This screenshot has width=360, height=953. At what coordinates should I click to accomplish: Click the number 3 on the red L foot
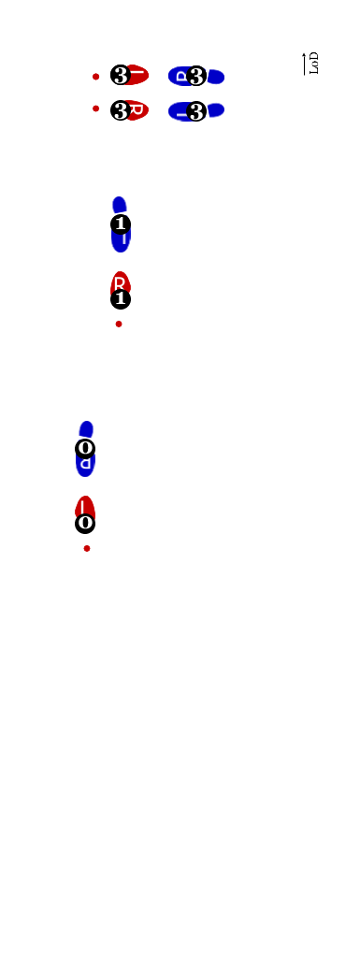121,76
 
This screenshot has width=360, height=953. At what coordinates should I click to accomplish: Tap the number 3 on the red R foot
121,111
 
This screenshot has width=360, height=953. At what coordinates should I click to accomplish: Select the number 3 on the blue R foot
196,76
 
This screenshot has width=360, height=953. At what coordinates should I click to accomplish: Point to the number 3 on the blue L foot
196,112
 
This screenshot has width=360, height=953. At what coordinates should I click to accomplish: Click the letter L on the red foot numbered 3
137,72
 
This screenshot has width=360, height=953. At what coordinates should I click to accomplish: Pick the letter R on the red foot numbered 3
137,109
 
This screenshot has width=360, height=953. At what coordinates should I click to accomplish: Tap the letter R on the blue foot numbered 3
180,76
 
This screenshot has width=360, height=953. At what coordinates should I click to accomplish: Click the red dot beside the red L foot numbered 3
95,77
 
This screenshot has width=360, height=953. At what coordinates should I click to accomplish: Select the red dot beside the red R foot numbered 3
95,108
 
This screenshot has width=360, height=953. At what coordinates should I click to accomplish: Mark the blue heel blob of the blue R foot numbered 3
215,77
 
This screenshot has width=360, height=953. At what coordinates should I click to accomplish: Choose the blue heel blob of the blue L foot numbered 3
215,109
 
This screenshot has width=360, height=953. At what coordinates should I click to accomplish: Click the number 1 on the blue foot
120,224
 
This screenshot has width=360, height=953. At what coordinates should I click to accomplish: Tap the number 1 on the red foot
120,298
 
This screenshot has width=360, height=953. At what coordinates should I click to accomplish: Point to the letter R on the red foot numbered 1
120,282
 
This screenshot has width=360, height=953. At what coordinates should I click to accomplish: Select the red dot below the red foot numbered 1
119,324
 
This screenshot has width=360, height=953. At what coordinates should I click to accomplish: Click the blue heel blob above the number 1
119,205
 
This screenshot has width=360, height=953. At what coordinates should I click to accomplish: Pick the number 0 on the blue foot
85,447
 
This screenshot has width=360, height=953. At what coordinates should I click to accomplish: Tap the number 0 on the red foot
85,522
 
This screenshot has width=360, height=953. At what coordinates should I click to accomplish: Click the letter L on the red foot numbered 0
83,506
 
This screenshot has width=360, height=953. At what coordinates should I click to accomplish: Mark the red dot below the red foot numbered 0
87,548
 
